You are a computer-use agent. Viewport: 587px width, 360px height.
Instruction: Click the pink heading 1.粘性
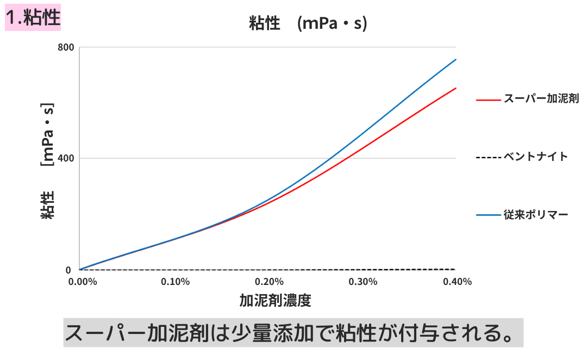pos(33,18)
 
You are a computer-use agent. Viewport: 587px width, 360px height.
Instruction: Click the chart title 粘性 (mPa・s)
pos(308,23)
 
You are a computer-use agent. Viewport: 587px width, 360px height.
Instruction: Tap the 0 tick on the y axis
pos(68,270)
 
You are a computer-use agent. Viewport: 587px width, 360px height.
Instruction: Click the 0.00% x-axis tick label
pos(83,282)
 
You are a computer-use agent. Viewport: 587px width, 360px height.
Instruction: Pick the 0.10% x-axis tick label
pos(176,282)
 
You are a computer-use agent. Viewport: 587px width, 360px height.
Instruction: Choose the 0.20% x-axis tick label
pos(269,282)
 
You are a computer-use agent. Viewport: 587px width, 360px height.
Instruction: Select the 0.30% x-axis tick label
pos(363,282)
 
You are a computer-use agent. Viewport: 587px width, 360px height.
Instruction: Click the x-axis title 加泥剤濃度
pos(275,301)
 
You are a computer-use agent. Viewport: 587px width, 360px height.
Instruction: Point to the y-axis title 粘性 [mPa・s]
pos(48,160)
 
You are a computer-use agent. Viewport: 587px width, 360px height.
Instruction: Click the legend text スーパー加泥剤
pos(540,99)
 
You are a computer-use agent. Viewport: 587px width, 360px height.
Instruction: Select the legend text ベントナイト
pos(535,157)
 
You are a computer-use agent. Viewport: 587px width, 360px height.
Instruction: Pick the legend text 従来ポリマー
pos(535,215)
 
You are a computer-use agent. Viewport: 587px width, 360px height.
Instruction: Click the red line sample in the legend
pos(488,100)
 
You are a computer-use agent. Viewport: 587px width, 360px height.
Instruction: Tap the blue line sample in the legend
pos(488,215)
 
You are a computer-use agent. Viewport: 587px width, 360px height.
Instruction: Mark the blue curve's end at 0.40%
pos(455,59)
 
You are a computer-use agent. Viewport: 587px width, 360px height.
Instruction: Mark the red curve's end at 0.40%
pos(455,88)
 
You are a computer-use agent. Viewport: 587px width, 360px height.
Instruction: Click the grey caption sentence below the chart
pos(293,332)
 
